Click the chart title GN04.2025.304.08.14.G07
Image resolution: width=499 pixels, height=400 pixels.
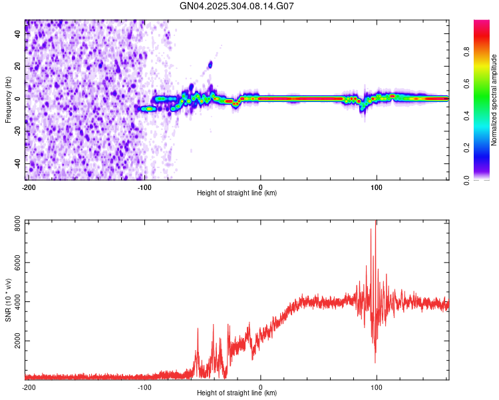[x=238, y=6]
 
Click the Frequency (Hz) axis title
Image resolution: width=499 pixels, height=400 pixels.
[x=8, y=100]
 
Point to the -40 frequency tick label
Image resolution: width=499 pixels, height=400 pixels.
[x=17, y=163]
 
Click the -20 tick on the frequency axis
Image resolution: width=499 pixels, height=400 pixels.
[x=17, y=131]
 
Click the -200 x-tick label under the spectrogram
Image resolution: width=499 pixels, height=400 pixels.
[x=29, y=187]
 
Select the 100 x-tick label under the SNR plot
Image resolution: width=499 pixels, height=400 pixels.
[x=377, y=387]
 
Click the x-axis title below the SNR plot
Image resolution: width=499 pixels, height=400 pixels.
[x=237, y=393]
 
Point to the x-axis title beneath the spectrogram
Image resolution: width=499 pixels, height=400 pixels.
[x=237, y=193]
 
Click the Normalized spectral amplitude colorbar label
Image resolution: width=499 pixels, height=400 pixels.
[x=494, y=100]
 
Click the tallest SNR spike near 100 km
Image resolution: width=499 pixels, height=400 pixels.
[x=376, y=223]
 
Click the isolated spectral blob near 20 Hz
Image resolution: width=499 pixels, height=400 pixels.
[x=210, y=65]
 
